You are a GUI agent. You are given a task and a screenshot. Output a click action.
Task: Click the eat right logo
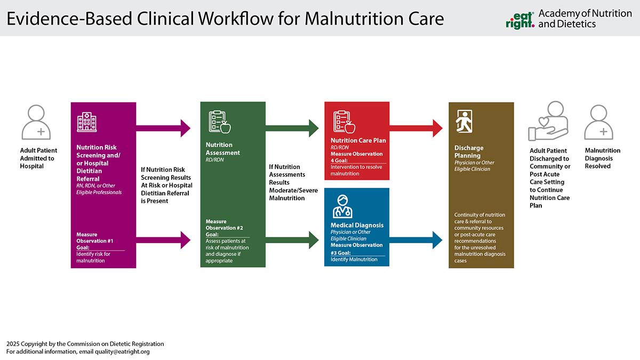tap(520, 21)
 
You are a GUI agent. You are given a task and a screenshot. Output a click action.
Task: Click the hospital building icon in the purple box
tap(87, 122)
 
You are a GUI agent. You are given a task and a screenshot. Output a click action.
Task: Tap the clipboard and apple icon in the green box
tap(220, 122)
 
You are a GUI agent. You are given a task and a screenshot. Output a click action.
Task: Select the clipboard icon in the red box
tap(344, 122)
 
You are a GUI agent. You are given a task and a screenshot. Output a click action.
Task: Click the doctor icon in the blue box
tap(342, 206)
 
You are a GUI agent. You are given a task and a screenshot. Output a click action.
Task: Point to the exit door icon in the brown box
tap(464, 122)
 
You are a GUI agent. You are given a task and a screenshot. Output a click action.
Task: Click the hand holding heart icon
tap(548, 121)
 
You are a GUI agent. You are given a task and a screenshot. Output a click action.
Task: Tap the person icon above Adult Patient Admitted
tap(36, 122)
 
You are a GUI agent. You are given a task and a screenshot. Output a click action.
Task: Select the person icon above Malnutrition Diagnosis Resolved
tap(598, 122)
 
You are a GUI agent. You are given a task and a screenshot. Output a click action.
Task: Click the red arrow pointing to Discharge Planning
tap(416, 129)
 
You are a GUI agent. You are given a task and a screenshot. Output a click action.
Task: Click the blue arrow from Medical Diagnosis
tap(416, 240)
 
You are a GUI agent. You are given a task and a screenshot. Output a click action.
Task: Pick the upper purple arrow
tap(163, 129)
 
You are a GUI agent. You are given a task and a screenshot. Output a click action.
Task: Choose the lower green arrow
tap(292, 240)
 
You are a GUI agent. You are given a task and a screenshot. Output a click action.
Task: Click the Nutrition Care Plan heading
tap(358, 141)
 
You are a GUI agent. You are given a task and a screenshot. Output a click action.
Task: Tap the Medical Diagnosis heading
tap(357, 225)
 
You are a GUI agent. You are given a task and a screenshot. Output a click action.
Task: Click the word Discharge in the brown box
tap(469, 148)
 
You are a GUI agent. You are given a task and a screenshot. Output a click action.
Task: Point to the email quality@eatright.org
tap(122, 351)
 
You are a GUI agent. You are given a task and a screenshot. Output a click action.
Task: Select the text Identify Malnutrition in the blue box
tap(354, 259)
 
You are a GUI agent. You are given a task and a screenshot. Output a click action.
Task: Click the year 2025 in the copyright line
tap(13, 344)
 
